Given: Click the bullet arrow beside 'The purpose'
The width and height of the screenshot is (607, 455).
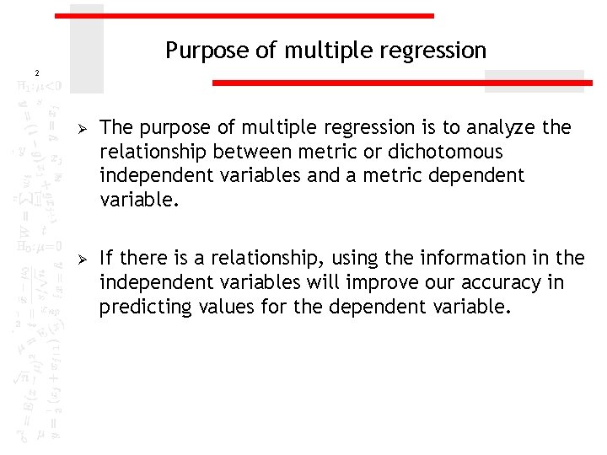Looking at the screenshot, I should pyautogui.click(x=82, y=128).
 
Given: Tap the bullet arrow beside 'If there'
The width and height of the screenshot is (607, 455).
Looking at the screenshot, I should pyautogui.click(x=82, y=258).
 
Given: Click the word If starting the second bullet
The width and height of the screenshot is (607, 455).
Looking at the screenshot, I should pyautogui.click(x=105, y=258).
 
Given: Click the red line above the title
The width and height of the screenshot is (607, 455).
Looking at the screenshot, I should pyautogui.click(x=244, y=16).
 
